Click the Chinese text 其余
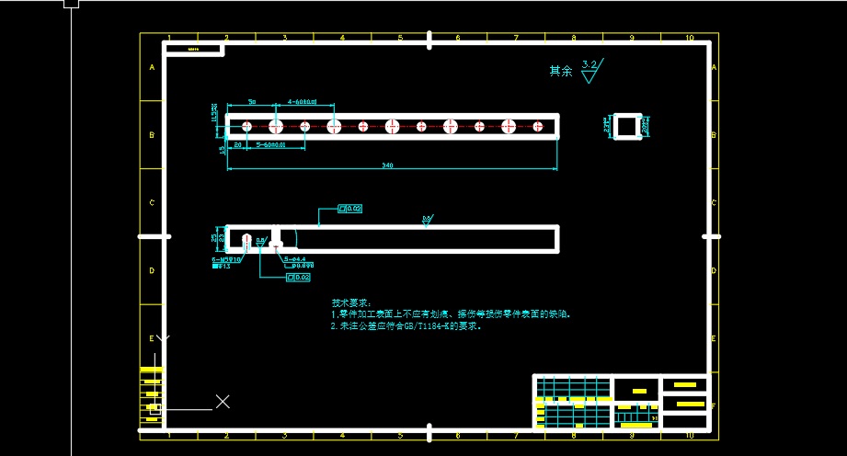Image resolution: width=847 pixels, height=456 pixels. tap(560, 70)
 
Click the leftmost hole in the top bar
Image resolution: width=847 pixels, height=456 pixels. tap(246, 126)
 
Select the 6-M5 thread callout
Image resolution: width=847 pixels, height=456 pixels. tap(225, 260)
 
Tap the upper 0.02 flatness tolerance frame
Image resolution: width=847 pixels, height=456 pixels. tap(350, 209)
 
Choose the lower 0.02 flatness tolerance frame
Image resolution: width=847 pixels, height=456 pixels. tap(298, 277)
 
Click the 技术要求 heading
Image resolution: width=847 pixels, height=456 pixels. tap(351, 302)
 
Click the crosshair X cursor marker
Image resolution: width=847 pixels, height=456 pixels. tap(223, 401)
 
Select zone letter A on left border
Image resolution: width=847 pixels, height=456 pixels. tap(152, 67)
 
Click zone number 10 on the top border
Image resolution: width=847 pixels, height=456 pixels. tap(689, 38)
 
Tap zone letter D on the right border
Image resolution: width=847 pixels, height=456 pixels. tap(714, 270)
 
